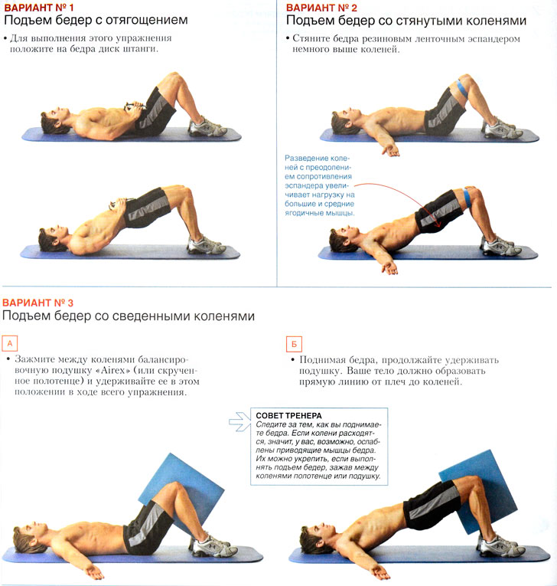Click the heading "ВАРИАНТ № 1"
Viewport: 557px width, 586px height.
(39, 8)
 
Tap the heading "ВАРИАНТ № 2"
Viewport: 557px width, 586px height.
(321, 8)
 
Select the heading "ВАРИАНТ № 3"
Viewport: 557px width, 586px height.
(37, 303)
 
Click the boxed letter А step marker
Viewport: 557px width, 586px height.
(10, 343)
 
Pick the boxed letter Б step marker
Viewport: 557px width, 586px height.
(294, 344)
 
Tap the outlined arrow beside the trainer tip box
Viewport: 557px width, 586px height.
(239, 421)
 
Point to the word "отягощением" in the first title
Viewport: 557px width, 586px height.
(147, 20)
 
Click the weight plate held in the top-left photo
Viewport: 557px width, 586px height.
(133, 106)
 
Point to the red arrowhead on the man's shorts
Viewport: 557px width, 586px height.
(439, 224)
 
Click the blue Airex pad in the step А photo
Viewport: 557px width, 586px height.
(182, 489)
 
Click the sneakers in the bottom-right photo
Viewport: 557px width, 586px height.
(500, 545)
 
